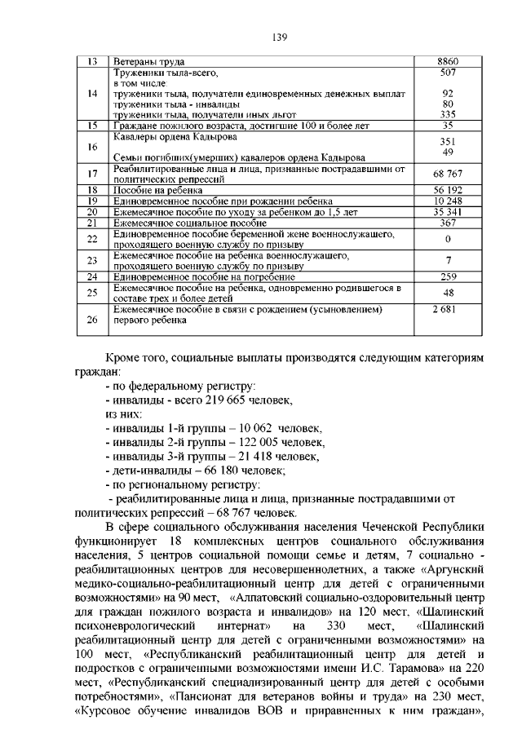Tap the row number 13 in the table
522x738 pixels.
pos(92,62)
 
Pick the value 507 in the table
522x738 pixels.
pos(448,73)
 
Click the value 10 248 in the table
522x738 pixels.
pos(448,201)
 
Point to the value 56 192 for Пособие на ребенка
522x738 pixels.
pos(448,189)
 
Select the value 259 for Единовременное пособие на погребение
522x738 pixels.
pos(448,276)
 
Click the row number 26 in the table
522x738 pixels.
pos(92,320)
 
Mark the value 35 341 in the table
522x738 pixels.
pos(448,211)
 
